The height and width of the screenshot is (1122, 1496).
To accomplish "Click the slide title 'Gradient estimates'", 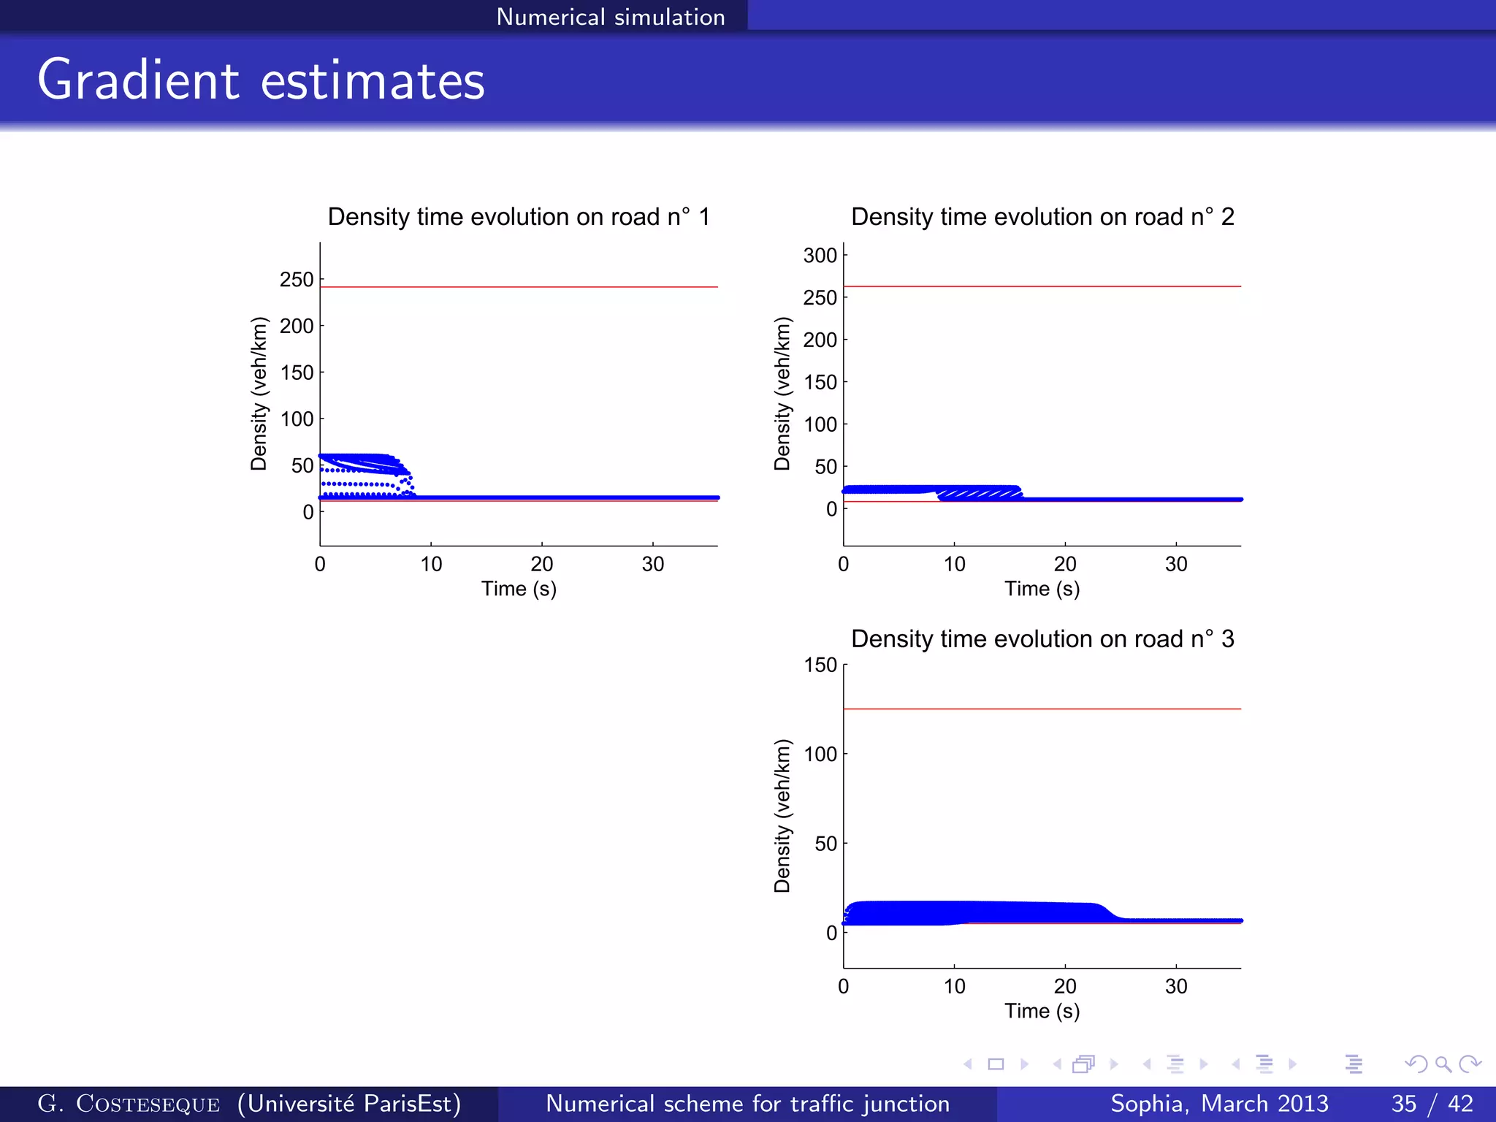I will point(261,80).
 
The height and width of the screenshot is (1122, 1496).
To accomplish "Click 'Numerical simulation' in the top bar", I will point(610,17).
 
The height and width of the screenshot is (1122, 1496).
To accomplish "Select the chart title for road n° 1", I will point(519,217).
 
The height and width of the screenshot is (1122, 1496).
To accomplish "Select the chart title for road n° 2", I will point(1042,217).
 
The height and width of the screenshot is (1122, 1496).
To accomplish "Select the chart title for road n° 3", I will point(1042,639).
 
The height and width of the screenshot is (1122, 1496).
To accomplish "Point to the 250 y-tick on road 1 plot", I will point(296,280).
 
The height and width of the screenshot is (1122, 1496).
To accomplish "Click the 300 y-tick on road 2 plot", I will point(820,256).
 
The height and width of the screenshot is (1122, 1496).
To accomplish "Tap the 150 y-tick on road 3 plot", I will point(820,665).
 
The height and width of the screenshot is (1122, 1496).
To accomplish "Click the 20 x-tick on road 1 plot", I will point(542,564).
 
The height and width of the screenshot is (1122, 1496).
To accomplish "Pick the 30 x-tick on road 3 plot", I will point(1176,986).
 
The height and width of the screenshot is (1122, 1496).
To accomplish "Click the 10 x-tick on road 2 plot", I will point(954,564).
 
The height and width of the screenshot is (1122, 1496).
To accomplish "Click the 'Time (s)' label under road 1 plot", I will point(519,589).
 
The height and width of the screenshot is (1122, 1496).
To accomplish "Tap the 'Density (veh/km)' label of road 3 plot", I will point(782,816).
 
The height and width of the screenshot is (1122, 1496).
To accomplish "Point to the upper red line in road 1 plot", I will point(519,287).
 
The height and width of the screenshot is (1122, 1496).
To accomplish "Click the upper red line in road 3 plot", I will point(1042,709).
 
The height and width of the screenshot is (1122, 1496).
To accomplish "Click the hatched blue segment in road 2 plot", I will point(979,495).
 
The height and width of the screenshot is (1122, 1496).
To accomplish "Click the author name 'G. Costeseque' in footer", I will point(129,1104).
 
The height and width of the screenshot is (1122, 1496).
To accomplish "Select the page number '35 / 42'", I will point(1432,1104).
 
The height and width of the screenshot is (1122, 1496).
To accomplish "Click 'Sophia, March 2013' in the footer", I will point(1219,1104).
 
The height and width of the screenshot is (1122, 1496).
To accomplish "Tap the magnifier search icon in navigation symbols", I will point(1443,1064).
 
